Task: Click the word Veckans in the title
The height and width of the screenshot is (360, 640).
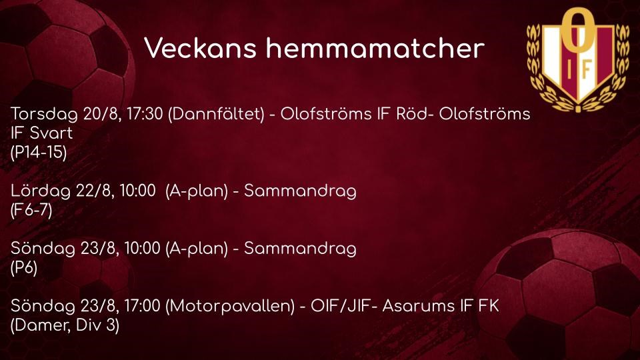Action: tap(201, 48)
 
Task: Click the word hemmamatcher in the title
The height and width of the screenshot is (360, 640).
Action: tap(375, 48)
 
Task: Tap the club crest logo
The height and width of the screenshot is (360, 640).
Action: tap(577, 59)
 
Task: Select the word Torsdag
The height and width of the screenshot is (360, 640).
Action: tap(44, 114)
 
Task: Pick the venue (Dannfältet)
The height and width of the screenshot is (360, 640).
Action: tap(216, 114)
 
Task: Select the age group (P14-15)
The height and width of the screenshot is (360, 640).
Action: tap(39, 152)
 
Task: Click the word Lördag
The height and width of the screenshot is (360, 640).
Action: tap(41, 191)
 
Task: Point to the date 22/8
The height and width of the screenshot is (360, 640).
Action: tap(95, 191)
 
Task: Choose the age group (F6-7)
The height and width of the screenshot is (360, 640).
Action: tap(31, 210)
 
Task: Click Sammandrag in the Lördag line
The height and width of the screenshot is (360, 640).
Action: tap(300, 191)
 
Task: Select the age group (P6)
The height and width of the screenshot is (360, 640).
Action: tap(24, 268)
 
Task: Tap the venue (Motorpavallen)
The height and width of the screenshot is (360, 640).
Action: tap(230, 306)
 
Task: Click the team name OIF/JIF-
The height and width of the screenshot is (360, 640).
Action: tap(344, 306)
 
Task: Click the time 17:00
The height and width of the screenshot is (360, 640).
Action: tap(143, 306)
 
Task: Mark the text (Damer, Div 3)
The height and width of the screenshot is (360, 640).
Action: tap(65, 325)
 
